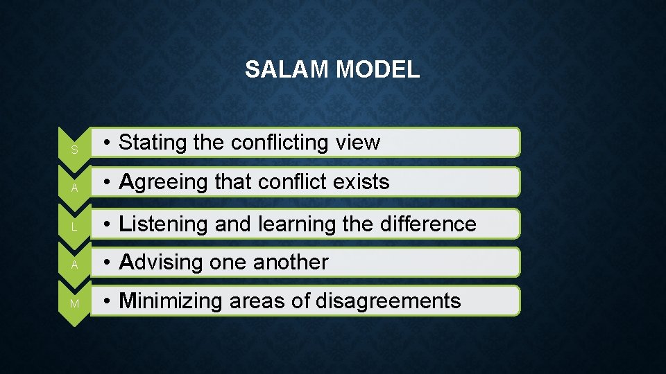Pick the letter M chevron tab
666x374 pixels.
pos(74,304)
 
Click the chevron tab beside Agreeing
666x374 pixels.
pos(74,186)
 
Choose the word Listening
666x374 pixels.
pos(164,224)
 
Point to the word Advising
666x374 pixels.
pos(159,262)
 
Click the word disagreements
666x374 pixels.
pos(388,301)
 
